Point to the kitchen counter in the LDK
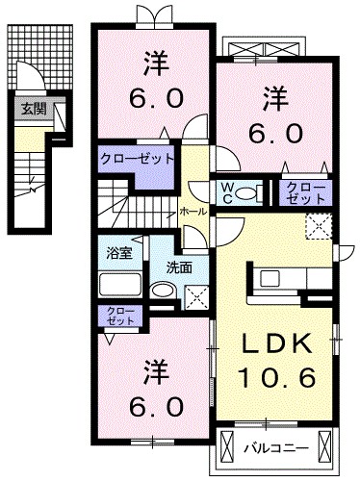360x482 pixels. (289, 278)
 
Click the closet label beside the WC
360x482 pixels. (304, 191)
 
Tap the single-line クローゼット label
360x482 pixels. (138, 157)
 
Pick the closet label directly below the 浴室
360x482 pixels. (119, 316)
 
